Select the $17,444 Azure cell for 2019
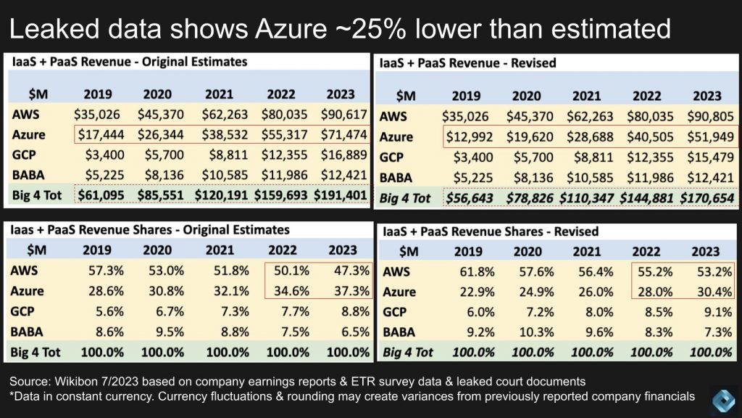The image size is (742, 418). coord(98,135)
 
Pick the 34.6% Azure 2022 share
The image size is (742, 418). coord(291,291)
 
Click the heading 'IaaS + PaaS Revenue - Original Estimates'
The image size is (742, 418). coord(130,62)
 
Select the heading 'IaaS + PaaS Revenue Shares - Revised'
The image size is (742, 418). coord(490,231)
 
